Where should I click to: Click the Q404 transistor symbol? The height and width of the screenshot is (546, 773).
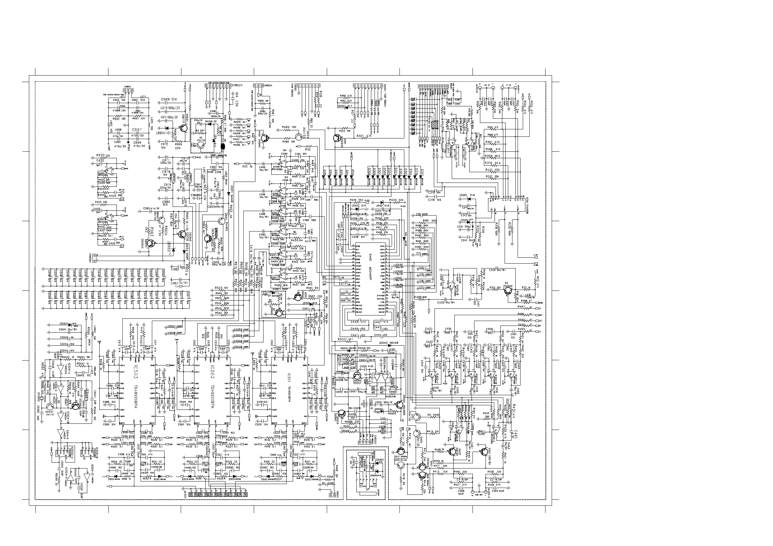pyautogui.click(x=299, y=136)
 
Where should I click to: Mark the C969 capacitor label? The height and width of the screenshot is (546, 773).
pyautogui.click(x=169, y=100)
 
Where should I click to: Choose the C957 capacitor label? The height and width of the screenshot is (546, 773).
pyautogui.click(x=137, y=129)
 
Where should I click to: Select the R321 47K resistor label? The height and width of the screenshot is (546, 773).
pyautogui.click(x=364, y=136)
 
